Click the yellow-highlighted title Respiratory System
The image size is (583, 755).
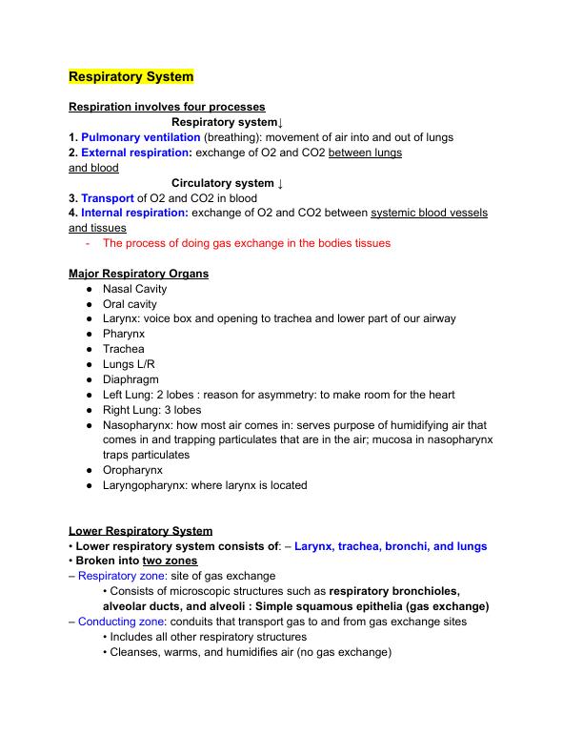[131, 76]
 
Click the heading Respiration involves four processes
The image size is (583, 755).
[167, 107]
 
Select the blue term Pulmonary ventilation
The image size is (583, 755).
[141, 137]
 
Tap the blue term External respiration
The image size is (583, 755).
[136, 153]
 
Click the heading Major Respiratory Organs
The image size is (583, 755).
[139, 274]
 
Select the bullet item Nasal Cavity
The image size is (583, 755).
[134, 289]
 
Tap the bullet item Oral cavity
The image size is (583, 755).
[130, 304]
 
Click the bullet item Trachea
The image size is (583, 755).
[124, 349]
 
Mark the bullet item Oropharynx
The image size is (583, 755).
[132, 470]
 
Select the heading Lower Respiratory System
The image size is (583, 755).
[141, 531]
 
